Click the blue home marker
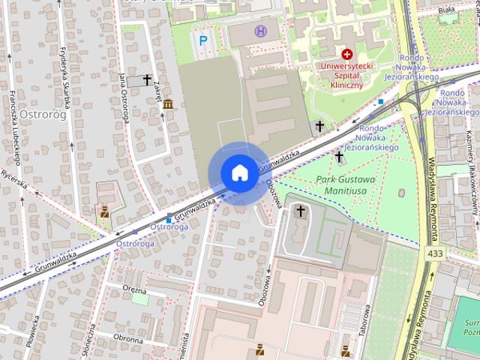click(x=238, y=172)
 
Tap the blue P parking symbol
click(x=201, y=40)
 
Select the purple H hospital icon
click(x=260, y=31)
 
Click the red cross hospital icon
click(x=346, y=54)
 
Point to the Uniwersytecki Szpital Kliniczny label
click(x=346, y=75)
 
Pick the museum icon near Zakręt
click(x=167, y=103)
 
